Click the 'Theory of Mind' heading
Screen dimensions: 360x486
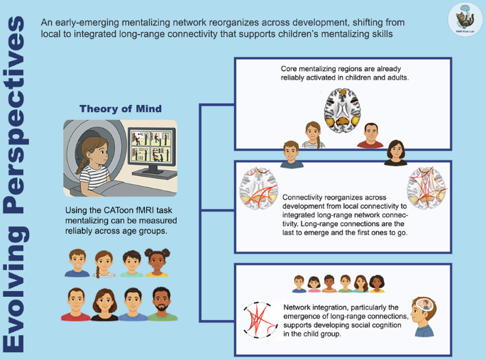point(121,109)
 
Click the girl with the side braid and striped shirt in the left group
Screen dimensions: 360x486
point(104,262)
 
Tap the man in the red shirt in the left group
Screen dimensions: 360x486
point(76,305)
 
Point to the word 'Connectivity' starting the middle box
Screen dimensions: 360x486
point(305,197)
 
